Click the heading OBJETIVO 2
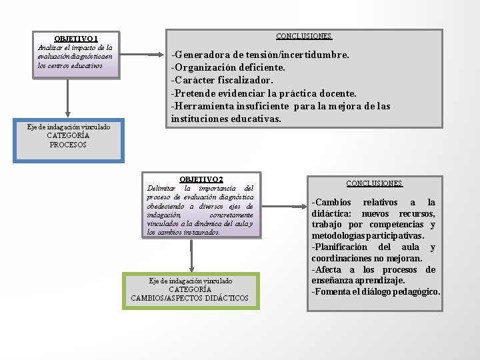click(201, 179)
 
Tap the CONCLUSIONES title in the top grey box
click(303, 35)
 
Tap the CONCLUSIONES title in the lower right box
click(374, 183)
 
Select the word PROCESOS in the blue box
click(68, 145)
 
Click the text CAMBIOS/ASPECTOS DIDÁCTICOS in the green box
click(190, 298)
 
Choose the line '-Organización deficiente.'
click(228, 67)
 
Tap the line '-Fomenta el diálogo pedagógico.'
click(375, 292)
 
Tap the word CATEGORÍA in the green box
click(190, 289)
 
